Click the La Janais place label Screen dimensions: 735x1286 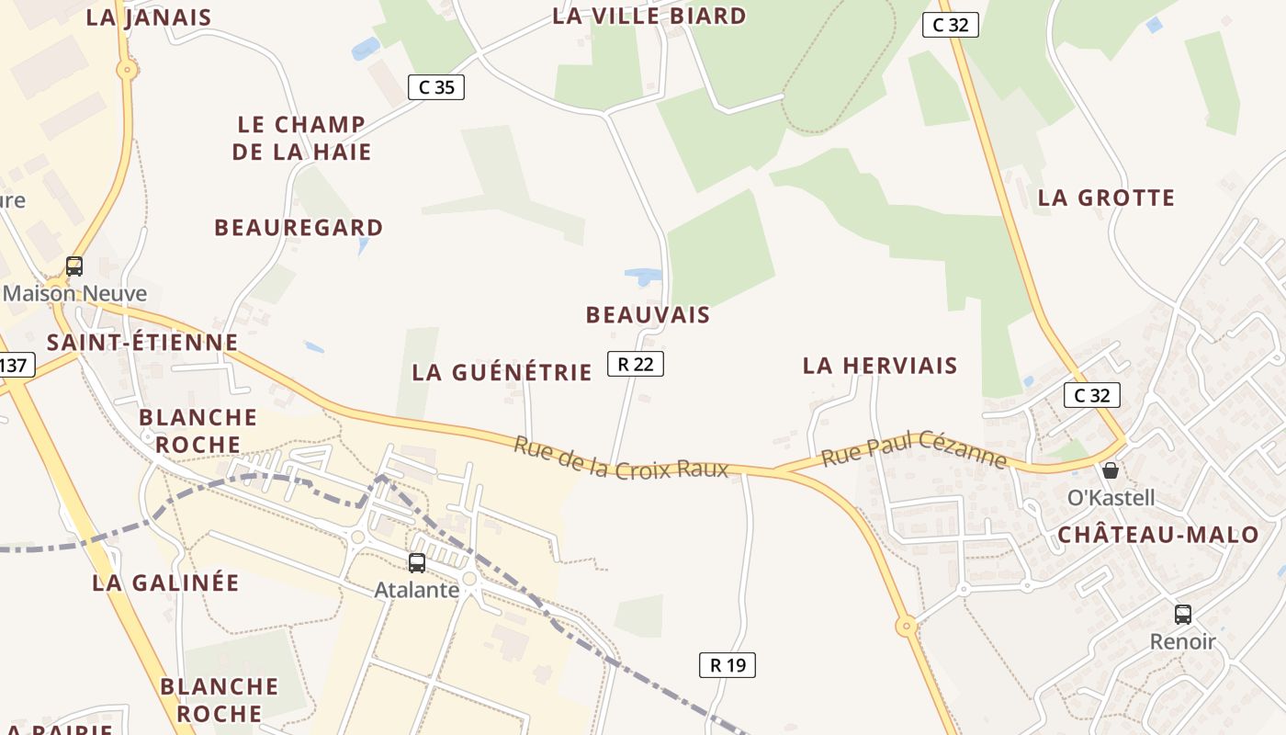tap(149, 17)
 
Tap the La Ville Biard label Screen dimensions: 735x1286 tap(649, 16)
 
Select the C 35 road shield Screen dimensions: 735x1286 tap(436, 87)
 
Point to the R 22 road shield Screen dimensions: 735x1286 tap(635, 364)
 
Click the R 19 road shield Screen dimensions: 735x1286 tap(728, 664)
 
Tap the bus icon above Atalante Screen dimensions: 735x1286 tap(417, 563)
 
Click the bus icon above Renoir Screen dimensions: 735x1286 tap(1183, 614)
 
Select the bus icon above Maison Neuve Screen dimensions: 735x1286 tap(74, 266)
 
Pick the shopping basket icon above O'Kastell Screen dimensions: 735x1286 tap(1111, 470)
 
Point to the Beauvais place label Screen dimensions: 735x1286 tap(648, 315)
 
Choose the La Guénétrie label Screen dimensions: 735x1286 tap(502, 372)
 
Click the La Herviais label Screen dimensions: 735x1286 tap(879, 366)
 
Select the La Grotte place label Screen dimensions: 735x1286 tap(1106, 198)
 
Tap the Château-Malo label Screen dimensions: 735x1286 tap(1157, 535)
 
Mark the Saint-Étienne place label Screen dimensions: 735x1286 tap(142, 343)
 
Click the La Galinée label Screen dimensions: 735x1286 tap(165, 582)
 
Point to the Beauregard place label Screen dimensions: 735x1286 tap(299, 227)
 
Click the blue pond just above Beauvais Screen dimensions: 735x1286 tap(642, 275)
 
